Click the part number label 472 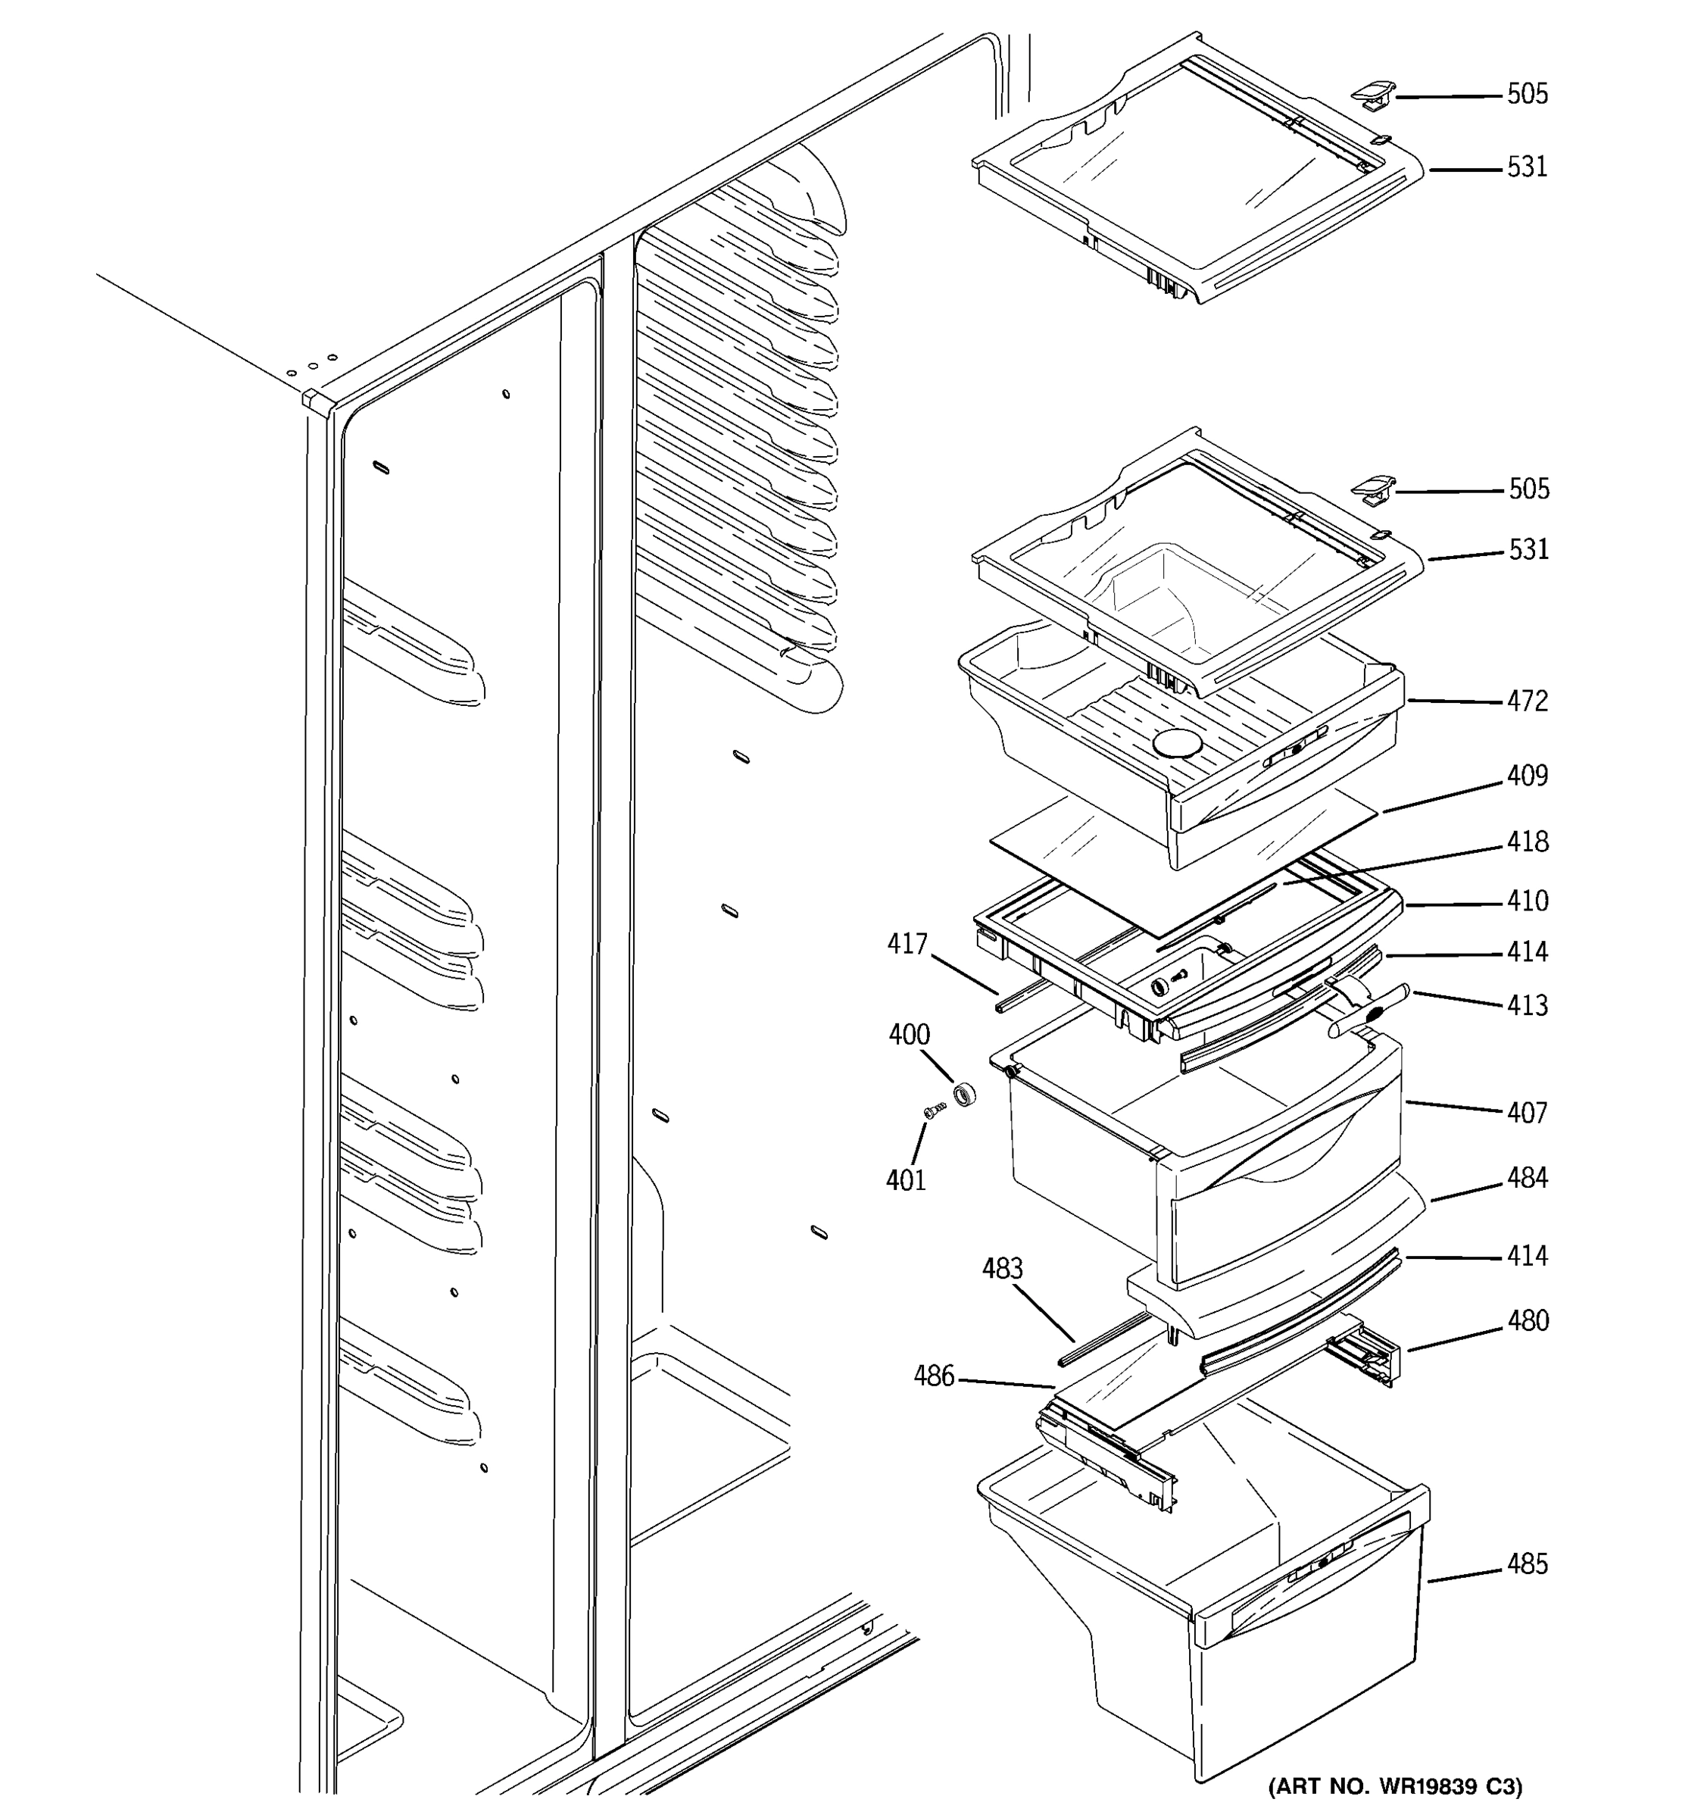(x=1528, y=701)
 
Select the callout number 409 (x=1528, y=776)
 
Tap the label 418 (x=1528, y=842)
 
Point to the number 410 (x=1528, y=901)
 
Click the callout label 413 (x=1528, y=1005)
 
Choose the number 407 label (x=1528, y=1113)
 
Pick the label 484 (x=1528, y=1178)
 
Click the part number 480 (x=1528, y=1320)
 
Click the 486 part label (x=933, y=1376)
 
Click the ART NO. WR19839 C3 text (x=1395, y=1786)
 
